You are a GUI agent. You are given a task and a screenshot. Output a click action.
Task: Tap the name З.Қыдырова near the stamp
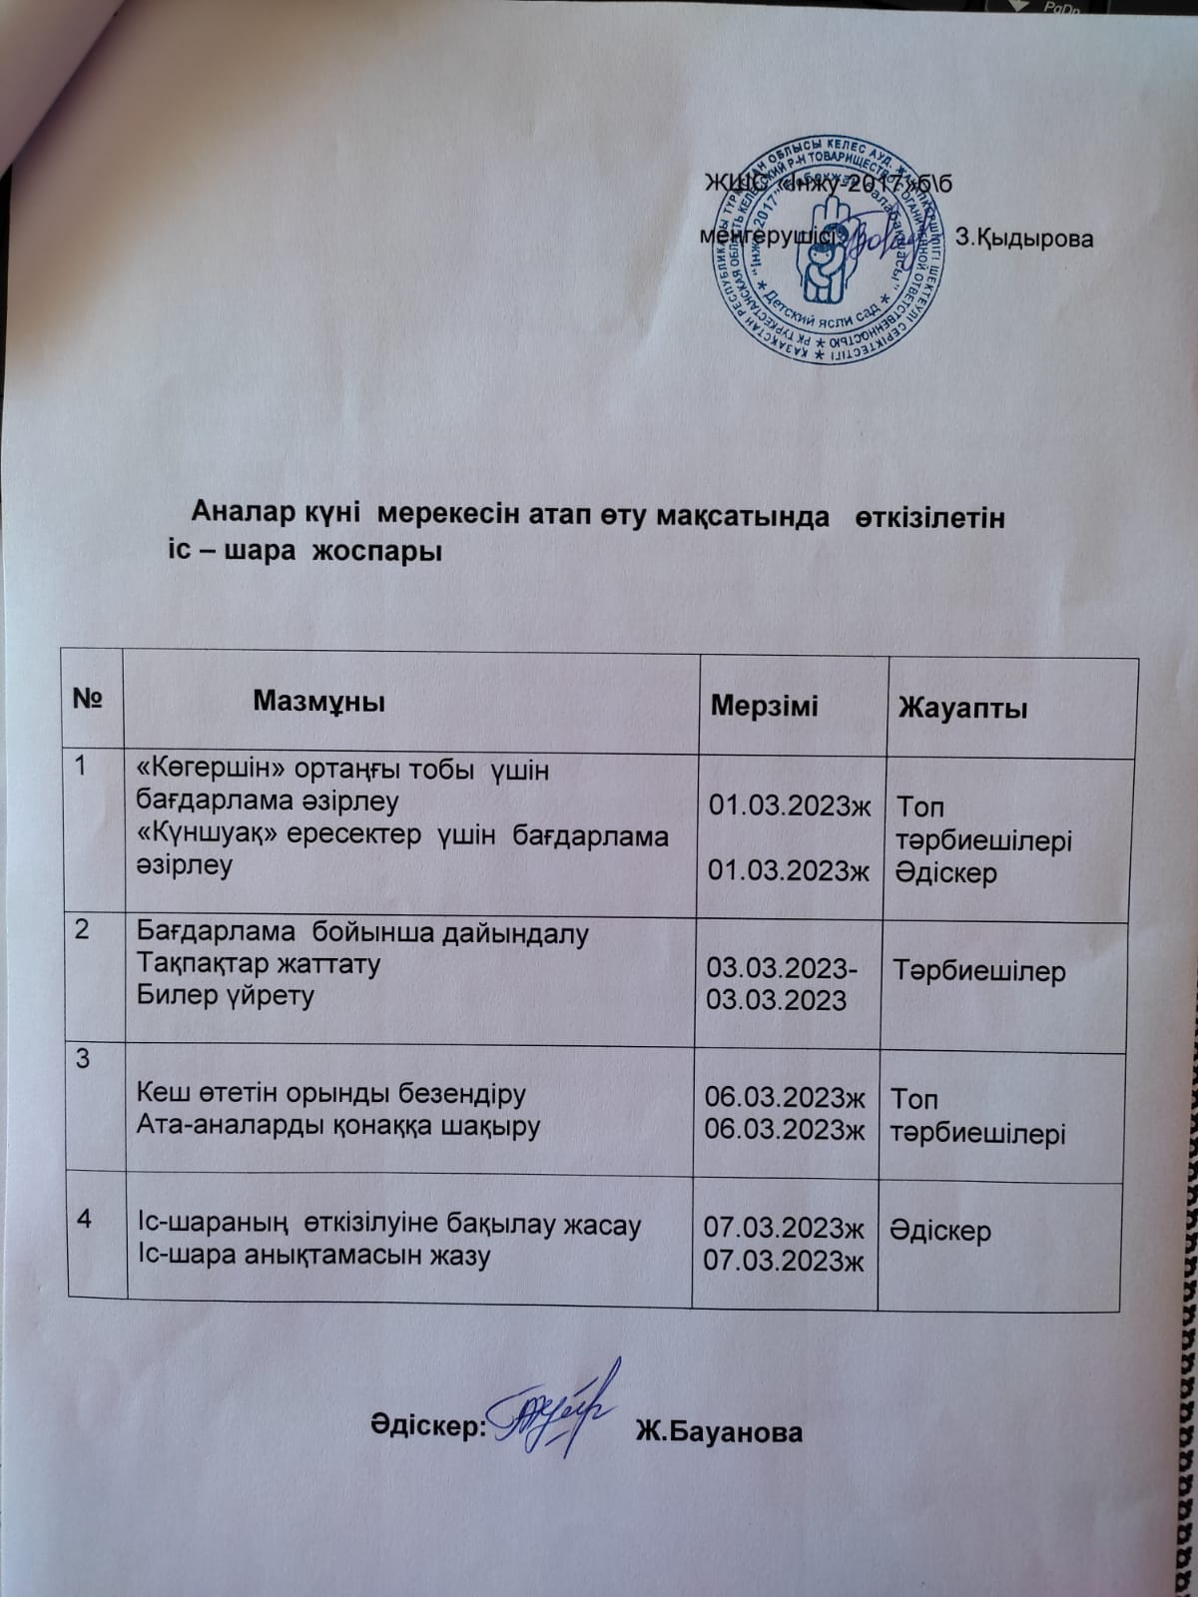click(x=1024, y=240)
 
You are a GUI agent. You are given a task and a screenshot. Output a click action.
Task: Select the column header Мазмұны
click(x=318, y=701)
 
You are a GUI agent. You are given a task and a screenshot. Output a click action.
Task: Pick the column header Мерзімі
click(x=764, y=706)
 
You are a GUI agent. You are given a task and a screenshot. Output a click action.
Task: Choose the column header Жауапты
click(x=962, y=709)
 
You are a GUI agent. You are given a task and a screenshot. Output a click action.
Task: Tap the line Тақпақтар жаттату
click(x=258, y=965)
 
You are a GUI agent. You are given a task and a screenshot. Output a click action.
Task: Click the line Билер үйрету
click(x=225, y=996)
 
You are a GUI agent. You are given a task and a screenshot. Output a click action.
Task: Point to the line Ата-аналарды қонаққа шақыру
click(x=337, y=1127)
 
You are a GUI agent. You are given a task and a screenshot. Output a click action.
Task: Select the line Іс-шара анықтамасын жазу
click(x=312, y=1256)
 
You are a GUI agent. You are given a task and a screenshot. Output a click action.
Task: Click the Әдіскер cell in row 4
click(x=942, y=1231)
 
